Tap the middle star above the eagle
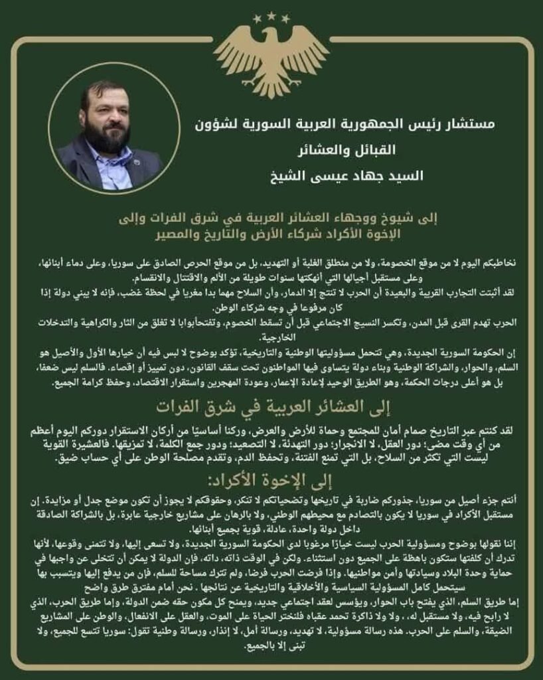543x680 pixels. pos(271,14)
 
